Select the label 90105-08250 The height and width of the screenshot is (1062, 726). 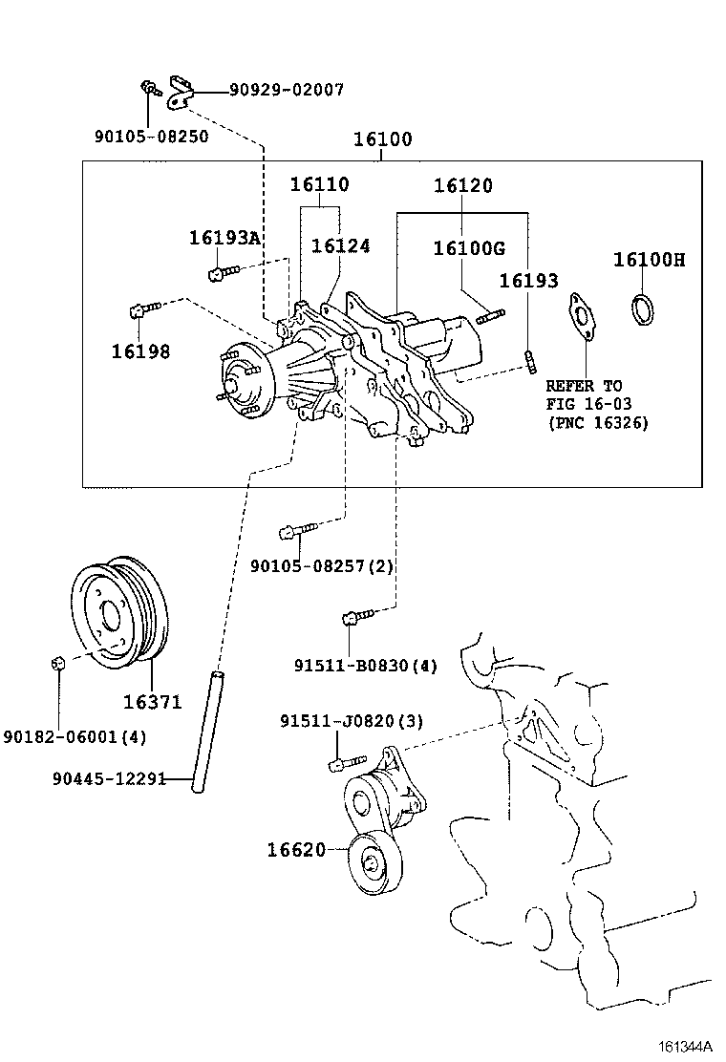point(151,136)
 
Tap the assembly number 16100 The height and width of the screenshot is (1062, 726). point(383,139)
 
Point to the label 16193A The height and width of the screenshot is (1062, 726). point(224,238)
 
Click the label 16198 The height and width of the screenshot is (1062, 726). point(140,351)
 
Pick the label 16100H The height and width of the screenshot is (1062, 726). point(649,260)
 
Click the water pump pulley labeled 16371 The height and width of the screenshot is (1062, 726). point(121,610)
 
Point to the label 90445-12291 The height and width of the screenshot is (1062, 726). point(108,778)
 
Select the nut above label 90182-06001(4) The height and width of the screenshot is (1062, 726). point(57,662)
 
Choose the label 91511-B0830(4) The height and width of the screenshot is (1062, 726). point(365,666)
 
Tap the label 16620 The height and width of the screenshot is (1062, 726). point(296,849)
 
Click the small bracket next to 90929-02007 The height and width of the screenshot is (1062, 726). point(181,91)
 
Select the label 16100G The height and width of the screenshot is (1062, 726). point(468,248)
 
